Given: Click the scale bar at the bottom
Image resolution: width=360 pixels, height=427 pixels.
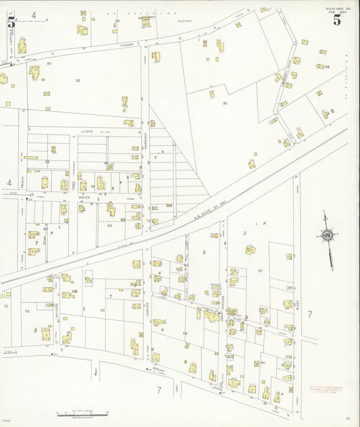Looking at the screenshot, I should (84, 412).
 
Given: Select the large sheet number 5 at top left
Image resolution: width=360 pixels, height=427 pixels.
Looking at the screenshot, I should (11, 21).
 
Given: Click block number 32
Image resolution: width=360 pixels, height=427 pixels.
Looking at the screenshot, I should (78, 80).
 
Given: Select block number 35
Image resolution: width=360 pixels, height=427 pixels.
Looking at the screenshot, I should (224, 103).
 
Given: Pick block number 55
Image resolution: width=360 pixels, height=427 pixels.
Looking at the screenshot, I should (259, 270).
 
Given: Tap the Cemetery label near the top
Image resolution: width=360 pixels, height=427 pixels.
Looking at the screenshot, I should (186, 22).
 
